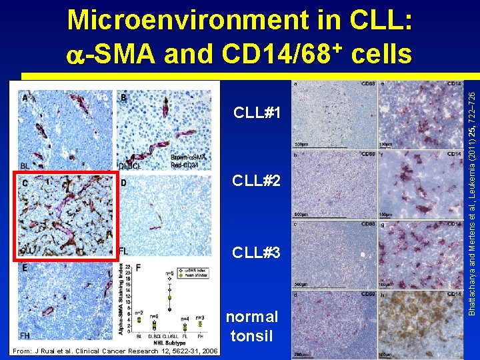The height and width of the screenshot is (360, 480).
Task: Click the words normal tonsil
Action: click(253, 326)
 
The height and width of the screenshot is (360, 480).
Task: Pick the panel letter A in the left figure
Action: click(25, 98)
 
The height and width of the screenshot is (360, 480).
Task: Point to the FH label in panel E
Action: click(26, 335)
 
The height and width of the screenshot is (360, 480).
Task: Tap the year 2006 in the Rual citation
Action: click(208, 351)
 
